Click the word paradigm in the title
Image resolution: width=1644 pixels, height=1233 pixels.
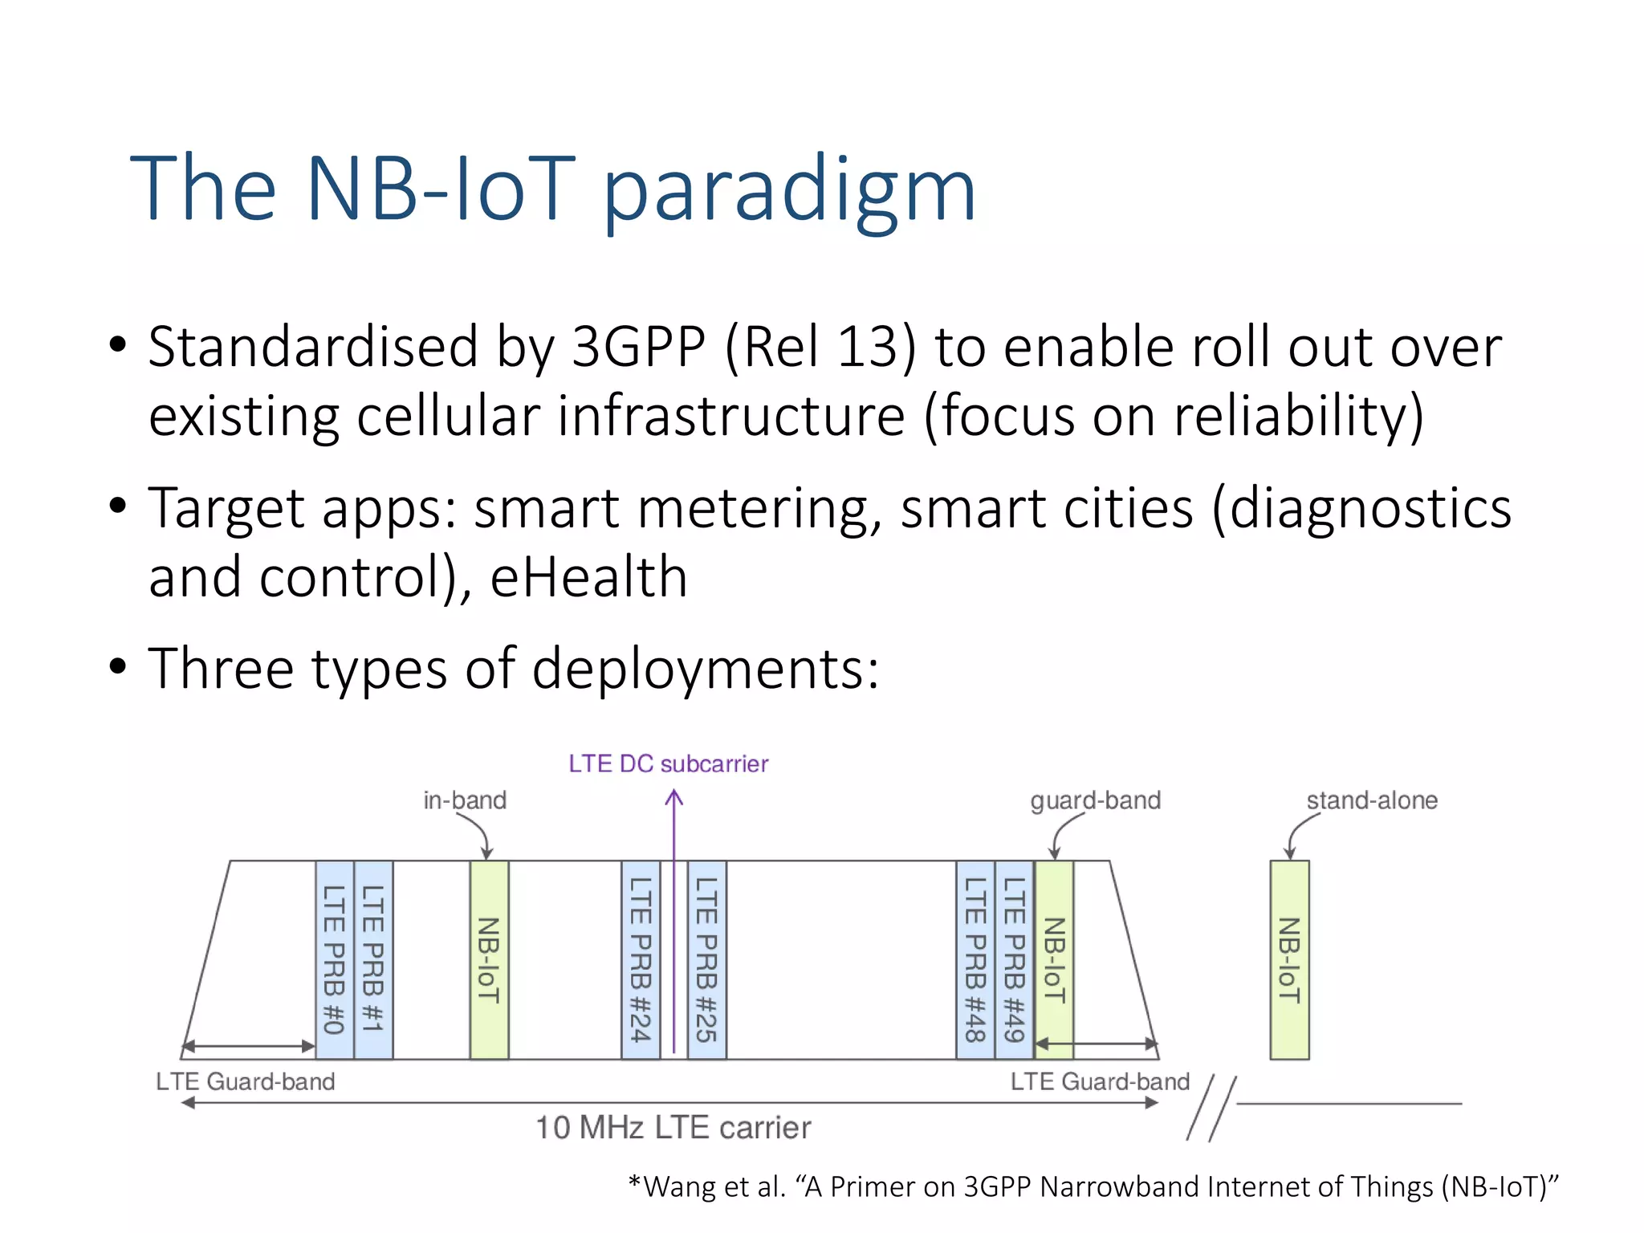tap(788, 191)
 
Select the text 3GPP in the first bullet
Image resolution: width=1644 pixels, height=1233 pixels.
tap(638, 348)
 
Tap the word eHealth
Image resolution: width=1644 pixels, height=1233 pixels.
tap(588, 577)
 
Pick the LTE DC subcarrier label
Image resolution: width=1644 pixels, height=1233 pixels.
tap(668, 763)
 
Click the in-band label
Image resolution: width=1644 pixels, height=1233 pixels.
tap(465, 800)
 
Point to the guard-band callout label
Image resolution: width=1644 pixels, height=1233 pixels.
tap(1095, 800)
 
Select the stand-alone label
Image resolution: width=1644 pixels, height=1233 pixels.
tap(1371, 800)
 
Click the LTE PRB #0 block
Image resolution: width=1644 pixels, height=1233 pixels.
tap(334, 959)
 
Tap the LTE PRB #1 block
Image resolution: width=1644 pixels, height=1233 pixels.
tap(373, 959)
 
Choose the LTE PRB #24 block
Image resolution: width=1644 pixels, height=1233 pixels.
tap(641, 959)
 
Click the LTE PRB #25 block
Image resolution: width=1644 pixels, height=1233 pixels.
tap(706, 959)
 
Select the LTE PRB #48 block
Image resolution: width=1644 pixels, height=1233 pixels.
tap(975, 959)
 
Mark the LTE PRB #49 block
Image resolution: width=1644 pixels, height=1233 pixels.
tap(1015, 959)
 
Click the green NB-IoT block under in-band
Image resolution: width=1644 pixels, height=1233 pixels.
tap(489, 959)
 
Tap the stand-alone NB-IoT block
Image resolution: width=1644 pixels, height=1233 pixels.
tap(1289, 959)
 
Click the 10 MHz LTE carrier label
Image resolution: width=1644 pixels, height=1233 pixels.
tap(673, 1128)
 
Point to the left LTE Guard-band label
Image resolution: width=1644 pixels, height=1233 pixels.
tap(245, 1082)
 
